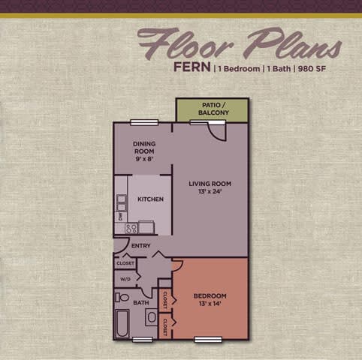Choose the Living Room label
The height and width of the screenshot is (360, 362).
coord(210,187)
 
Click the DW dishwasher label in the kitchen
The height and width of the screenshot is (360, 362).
coord(120,216)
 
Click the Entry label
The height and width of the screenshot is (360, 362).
coord(141,245)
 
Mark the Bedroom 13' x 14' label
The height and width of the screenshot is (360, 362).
coord(210,299)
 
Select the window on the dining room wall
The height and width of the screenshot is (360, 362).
coord(139,122)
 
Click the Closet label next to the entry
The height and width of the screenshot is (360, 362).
coord(125,263)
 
